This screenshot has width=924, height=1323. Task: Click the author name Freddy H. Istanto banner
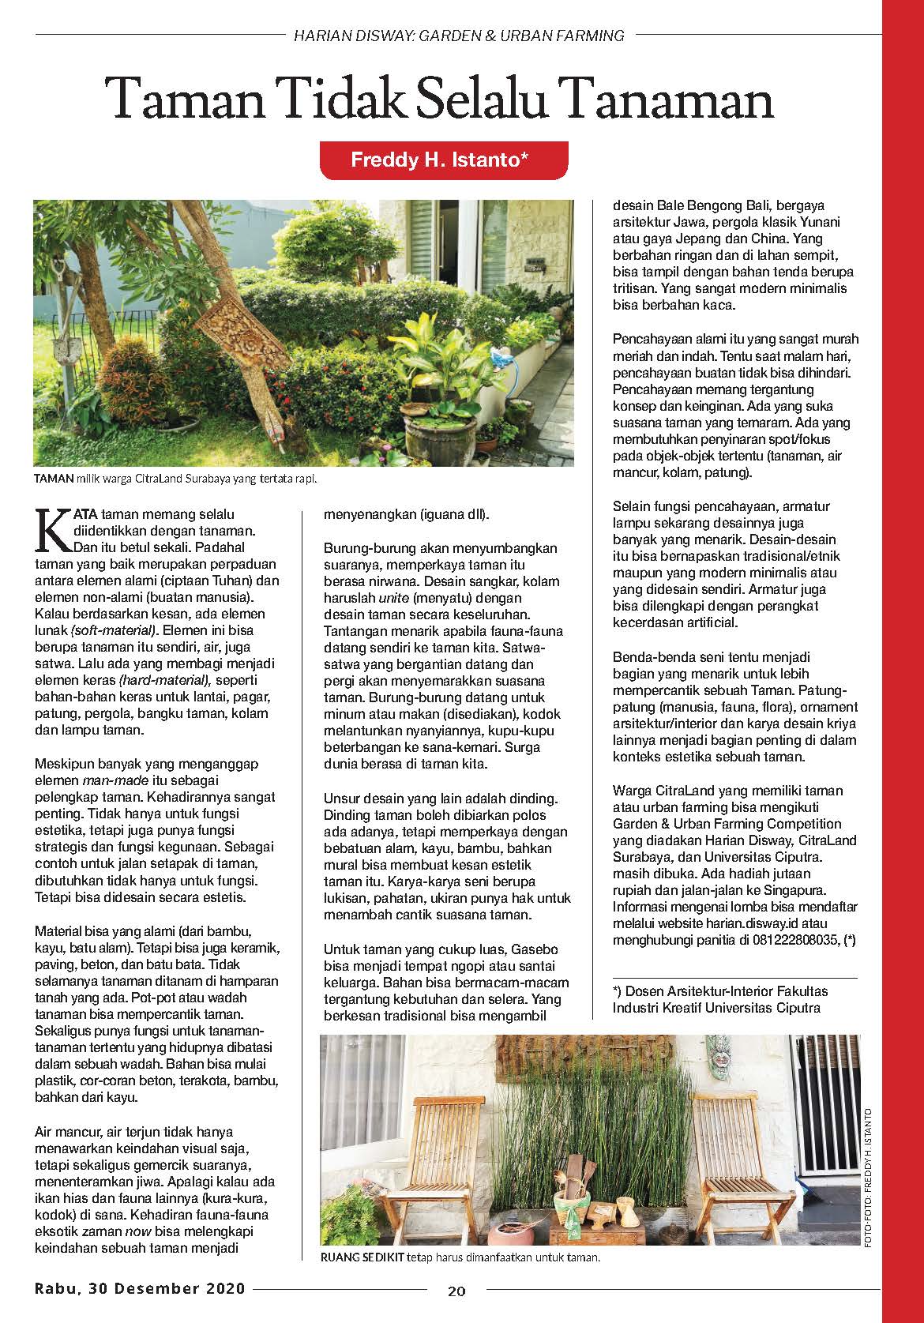pyautogui.click(x=443, y=160)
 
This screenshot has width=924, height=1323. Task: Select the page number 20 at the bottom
pyautogui.click(x=456, y=1291)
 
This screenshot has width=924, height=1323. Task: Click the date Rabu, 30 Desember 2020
pyautogui.click(x=140, y=1288)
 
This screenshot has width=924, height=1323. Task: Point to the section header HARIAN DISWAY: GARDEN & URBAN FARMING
pyautogui.click(x=458, y=36)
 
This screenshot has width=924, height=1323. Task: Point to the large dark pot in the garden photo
pyautogui.click(x=438, y=427)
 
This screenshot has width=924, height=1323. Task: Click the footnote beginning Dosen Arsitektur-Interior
pyautogui.click(x=720, y=998)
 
